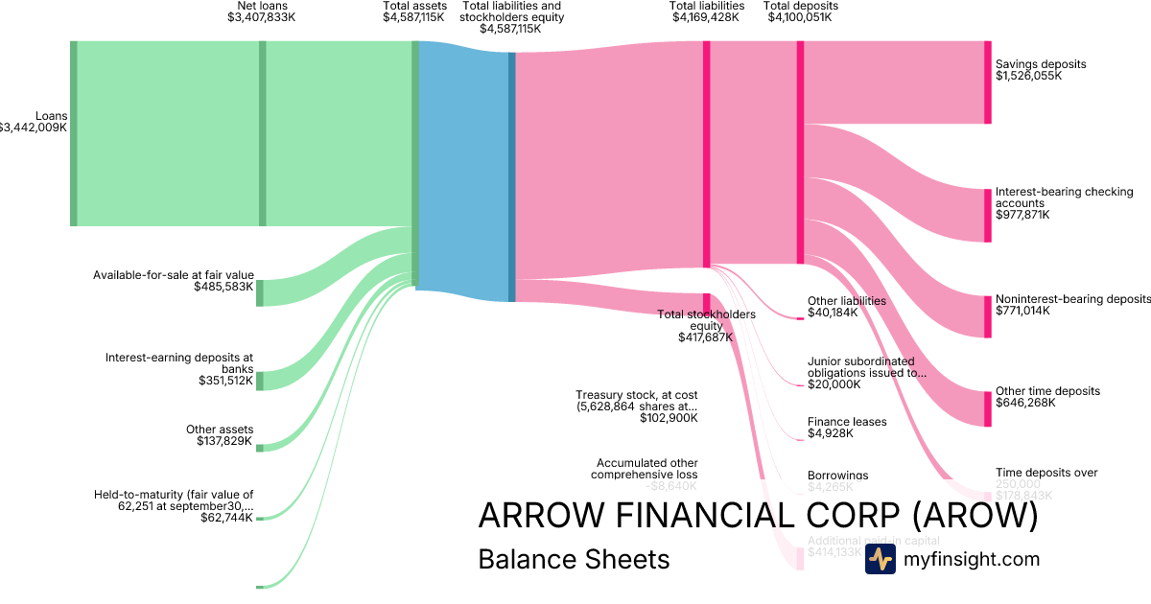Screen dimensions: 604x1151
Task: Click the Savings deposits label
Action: tap(1041, 64)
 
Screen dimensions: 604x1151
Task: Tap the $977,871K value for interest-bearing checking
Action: tap(1022, 215)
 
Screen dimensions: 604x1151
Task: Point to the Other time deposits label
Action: tap(1047, 391)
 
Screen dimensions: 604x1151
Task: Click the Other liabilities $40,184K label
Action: tap(846, 306)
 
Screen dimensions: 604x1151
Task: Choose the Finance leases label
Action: tap(847, 422)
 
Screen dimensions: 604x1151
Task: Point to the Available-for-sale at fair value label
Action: tap(173, 275)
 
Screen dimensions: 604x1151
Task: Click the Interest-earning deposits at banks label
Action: tap(179, 363)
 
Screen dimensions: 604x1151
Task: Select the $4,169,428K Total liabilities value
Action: tap(706, 17)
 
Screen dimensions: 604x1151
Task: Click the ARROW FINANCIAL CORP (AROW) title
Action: tap(758, 516)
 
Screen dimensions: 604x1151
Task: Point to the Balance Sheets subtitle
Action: tap(574, 559)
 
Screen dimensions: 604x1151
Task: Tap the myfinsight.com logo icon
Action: tap(880, 559)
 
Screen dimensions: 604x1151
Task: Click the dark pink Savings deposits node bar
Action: tap(987, 82)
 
